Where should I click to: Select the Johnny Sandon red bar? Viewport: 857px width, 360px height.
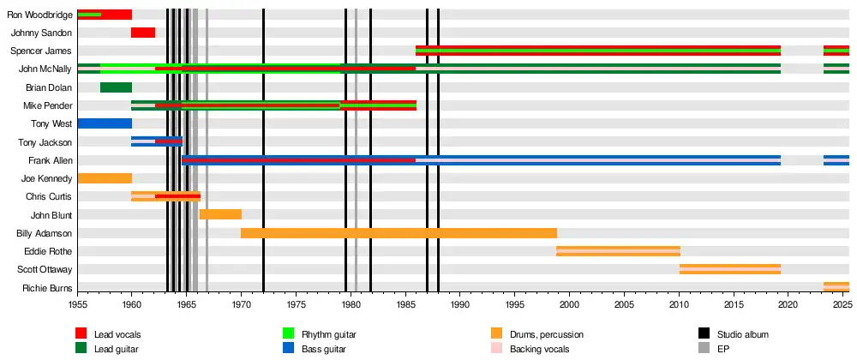point(143,33)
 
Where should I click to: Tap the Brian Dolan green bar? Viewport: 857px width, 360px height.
point(116,87)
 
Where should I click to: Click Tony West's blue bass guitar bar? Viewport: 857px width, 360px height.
point(105,123)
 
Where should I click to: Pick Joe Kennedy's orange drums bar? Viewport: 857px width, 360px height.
point(105,178)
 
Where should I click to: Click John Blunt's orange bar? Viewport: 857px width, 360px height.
point(220,214)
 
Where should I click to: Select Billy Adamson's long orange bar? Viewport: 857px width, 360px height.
point(399,233)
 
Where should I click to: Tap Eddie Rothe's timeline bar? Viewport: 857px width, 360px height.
point(618,251)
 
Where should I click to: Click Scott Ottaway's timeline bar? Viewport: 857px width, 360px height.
point(729,269)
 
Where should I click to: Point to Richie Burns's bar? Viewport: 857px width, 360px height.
point(836,287)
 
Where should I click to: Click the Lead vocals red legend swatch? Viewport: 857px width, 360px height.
point(81,333)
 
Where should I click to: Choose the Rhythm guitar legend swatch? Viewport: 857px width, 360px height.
point(289,333)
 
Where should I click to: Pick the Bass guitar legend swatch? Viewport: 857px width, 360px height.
point(289,349)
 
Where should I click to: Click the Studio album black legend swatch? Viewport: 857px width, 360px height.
point(704,333)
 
